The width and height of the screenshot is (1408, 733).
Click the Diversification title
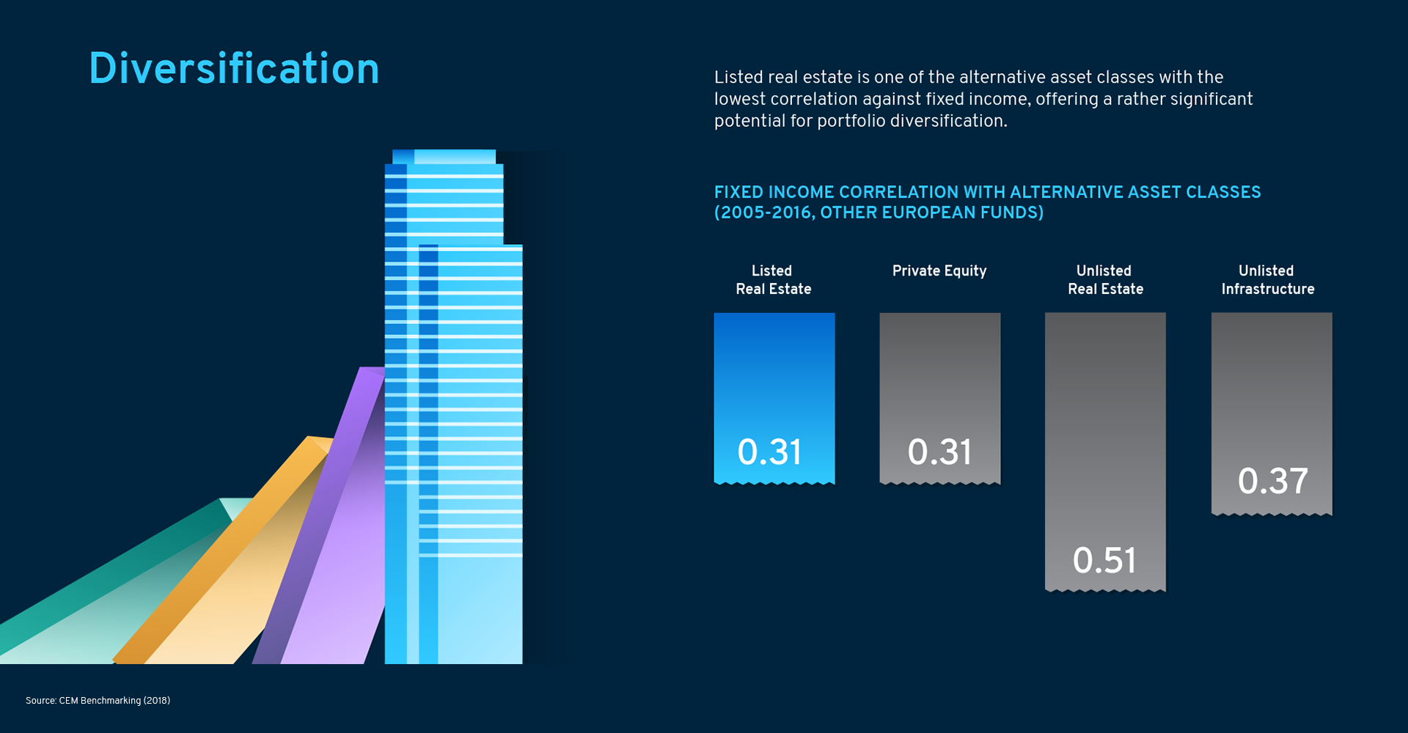tap(234, 68)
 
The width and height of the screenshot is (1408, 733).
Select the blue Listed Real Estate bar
tap(774, 399)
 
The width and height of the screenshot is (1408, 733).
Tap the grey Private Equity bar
tap(940, 399)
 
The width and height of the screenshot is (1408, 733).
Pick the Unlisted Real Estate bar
tap(1105, 452)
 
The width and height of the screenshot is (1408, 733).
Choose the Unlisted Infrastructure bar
tap(1272, 414)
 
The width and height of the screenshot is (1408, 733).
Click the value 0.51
tap(1104, 561)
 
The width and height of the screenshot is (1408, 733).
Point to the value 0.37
tap(1273, 481)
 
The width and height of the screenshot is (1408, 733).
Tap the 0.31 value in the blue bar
tap(769, 452)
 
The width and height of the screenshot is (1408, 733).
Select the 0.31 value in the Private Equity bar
tap(939, 452)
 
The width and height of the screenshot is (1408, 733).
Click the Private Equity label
tap(939, 271)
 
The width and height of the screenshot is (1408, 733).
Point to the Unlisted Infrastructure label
tap(1268, 280)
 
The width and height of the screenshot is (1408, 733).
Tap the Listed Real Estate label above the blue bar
tap(774, 280)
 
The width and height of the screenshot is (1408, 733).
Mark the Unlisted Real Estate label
tap(1105, 280)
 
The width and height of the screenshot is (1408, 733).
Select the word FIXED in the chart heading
tap(738, 192)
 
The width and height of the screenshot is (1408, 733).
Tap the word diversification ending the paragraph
tap(942, 121)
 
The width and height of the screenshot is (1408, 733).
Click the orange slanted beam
tap(235, 557)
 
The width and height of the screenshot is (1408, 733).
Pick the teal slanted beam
tap(117, 586)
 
